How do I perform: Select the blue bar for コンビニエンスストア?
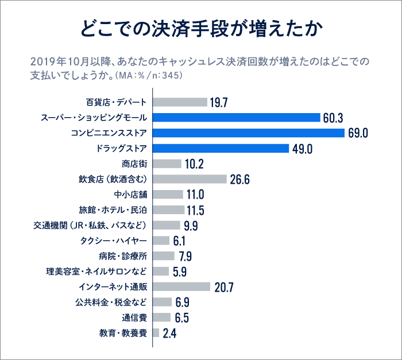[x=249, y=133]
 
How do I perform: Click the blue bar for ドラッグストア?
[x=221, y=149]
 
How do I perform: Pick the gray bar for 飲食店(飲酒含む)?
[x=190, y=179]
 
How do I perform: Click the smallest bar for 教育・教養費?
[x=156, y=332]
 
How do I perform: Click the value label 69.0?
[x=357, y=133]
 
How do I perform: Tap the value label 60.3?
[x=333, y=118]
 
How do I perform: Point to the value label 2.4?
[x=169, y=333]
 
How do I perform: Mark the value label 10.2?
[x=195, y=164]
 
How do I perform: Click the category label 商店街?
[x=134, y=164]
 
